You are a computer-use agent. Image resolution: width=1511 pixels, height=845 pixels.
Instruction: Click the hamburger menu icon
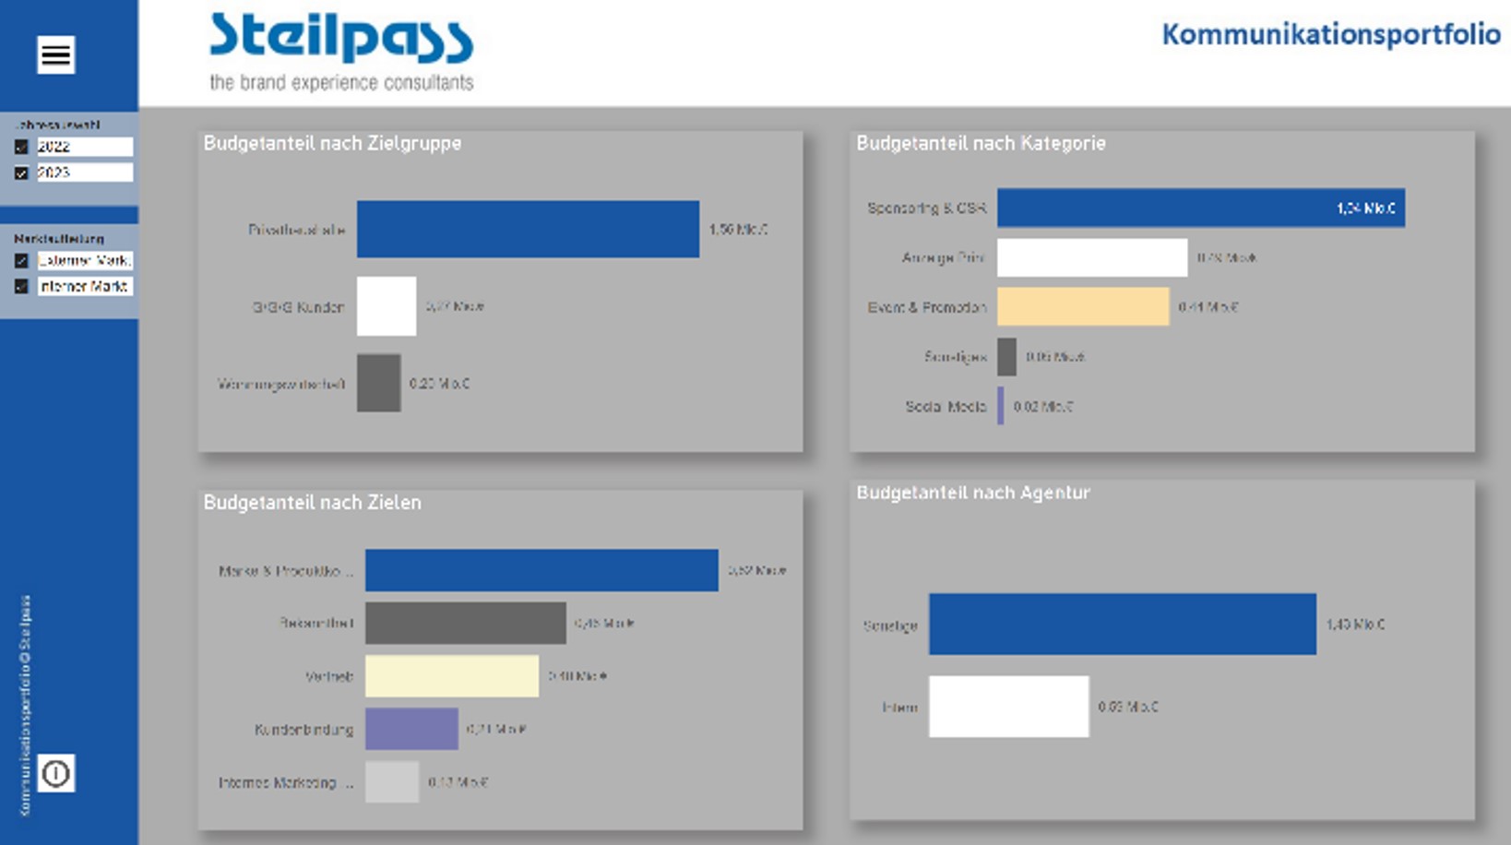point(55,54)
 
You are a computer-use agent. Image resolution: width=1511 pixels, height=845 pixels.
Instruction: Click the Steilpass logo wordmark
point(340,40)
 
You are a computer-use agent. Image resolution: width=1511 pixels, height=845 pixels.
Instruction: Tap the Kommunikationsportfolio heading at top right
point(1329,35)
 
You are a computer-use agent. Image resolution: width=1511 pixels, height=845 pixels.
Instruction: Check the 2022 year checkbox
point(21,147)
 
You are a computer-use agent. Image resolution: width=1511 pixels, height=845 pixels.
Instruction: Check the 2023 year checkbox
point(21,173)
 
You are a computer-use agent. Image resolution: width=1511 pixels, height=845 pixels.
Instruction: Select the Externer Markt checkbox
point(21,261)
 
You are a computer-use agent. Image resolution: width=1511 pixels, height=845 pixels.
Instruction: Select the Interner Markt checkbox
point(21,287)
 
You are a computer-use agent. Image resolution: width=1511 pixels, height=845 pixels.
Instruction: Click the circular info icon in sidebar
point(55,773)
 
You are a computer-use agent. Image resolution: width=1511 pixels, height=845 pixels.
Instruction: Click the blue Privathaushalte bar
point(528,229)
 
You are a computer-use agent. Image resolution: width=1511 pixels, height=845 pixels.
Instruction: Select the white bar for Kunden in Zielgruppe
point(386,306)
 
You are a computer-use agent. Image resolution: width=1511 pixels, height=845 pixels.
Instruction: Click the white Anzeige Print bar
point(1091,258)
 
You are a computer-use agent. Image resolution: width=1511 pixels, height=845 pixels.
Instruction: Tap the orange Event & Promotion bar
point(1082,307)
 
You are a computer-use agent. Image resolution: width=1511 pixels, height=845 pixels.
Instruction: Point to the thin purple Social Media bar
point(1001,406)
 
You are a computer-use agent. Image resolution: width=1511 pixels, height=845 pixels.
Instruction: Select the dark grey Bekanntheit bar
point(465,624)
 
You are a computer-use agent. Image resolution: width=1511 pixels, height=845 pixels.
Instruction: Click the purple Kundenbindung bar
point(411,729)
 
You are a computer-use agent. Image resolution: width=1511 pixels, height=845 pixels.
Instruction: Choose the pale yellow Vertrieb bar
point(451,676)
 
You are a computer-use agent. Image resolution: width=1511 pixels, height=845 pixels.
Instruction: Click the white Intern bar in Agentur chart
point(1008,707)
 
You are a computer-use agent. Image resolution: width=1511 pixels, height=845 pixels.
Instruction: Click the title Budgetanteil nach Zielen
point(312,503)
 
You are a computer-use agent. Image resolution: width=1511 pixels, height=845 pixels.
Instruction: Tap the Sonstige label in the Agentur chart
point(890,625)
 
